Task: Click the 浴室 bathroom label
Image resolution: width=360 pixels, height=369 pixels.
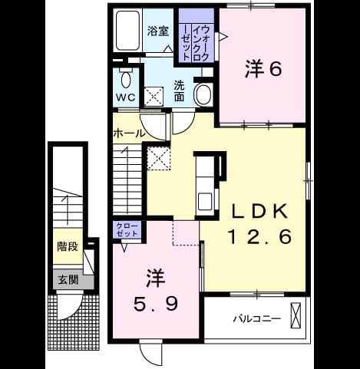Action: click(x=158, y=31)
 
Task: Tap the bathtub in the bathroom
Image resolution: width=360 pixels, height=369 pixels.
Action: click(x=128, y=31)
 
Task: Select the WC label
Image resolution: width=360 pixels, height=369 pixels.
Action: click(x=126, y=97)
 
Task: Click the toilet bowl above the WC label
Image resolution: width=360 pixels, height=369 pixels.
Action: click(x=126, y=80)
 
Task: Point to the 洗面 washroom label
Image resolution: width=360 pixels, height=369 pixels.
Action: click(x=179, y=91)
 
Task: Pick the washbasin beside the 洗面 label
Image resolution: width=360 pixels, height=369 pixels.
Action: click(x=203, y=94)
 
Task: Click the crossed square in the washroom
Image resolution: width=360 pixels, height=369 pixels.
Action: click(x=154, y=96)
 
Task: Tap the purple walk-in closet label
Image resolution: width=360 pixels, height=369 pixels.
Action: click(x=197, y=43)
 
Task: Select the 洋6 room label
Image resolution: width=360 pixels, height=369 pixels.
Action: click(x=263, y=69)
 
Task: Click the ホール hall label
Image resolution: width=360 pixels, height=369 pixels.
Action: click(x=129, y=133)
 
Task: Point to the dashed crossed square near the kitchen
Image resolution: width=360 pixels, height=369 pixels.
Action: click(x=159, y=159)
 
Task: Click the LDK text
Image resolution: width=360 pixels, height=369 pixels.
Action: click(x=259, y=211)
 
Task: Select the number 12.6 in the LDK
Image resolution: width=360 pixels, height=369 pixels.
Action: click(x=259, y=237)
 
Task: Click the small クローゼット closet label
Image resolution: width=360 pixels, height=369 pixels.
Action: click(x=127, y=229)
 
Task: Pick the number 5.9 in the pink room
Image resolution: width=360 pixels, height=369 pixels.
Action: click(x=156, y=305)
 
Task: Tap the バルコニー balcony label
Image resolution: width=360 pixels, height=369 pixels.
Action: click(x=257, y=319)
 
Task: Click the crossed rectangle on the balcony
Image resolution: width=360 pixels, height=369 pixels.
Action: click(x=296, y=315)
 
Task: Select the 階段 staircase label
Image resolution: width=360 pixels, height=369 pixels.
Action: click(x=68, y=246)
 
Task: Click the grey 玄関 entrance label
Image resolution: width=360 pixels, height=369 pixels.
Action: click(x=68, y=280)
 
